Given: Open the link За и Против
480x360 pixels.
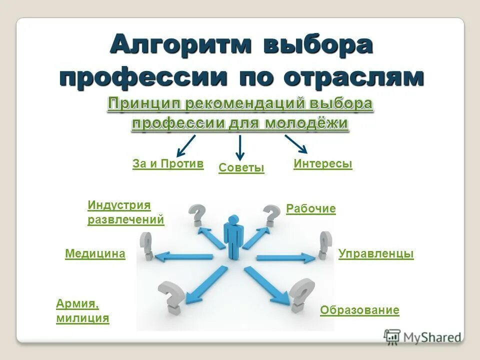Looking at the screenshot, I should click(168, 164).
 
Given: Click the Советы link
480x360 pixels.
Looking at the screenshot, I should click(241, 168).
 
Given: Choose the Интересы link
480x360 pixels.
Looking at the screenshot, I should click(323, 164).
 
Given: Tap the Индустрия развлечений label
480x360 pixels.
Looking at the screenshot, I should click(125, 212).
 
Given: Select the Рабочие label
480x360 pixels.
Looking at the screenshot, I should click(310, 209).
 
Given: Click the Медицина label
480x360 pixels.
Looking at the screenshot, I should click(95, 254).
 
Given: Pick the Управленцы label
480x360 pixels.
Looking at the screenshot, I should click(376, 254).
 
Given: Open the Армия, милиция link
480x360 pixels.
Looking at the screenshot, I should click(82, 311).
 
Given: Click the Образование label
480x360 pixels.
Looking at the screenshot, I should click(359, 310).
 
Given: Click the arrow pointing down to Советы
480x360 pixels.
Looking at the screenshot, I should click(240, 147).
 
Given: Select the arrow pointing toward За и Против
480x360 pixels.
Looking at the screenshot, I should click(185, 145).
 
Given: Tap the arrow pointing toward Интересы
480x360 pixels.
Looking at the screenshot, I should click(296, 143).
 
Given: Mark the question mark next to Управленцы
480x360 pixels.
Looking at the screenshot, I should click(324, 245).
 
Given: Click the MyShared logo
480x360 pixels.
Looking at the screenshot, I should click(422, 337).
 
